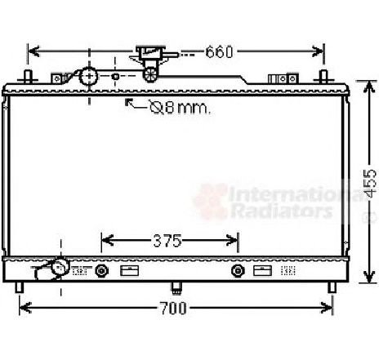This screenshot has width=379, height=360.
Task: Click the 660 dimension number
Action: [x=219, y=52]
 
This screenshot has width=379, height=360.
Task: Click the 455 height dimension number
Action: [x=371, y=183]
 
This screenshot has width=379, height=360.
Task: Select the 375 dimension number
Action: [x=167, y=241]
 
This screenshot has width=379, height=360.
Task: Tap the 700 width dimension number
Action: [x=173, y=308]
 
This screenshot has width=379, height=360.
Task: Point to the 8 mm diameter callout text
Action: [x=181, y=108]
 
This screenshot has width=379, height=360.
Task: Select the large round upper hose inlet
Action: [x=88, y=77]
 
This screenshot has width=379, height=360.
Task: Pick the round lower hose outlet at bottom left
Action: [x=60, y=267]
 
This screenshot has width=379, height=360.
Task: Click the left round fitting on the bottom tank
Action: [x=102, y=271]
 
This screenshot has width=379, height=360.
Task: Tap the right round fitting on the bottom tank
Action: [x=238, y=271]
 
